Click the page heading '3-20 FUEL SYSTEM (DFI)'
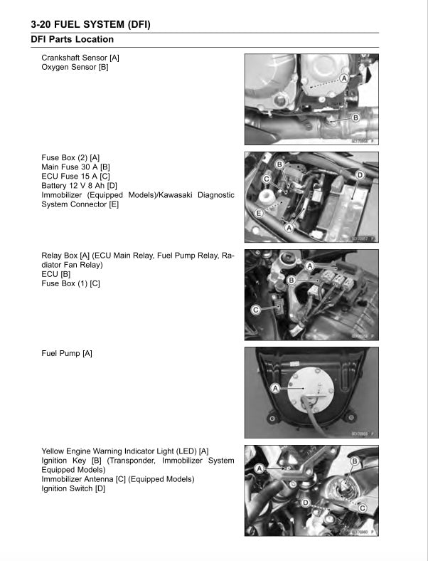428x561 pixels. click(x=95, y=24)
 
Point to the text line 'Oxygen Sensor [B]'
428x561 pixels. click(x=75, y=68)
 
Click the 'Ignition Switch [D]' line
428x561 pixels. click(x=73, y=488)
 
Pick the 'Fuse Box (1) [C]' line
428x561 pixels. click(x=70, y=283)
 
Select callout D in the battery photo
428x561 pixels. click(x=360, y=174)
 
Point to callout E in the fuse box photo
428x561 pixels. click(x=259, y=213)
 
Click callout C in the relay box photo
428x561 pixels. click(x=256, y=310)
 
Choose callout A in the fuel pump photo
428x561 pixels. click(x=274, y=388)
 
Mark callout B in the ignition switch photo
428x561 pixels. click(x=354, y=461)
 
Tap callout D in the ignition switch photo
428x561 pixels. click(x=305, y=503)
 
